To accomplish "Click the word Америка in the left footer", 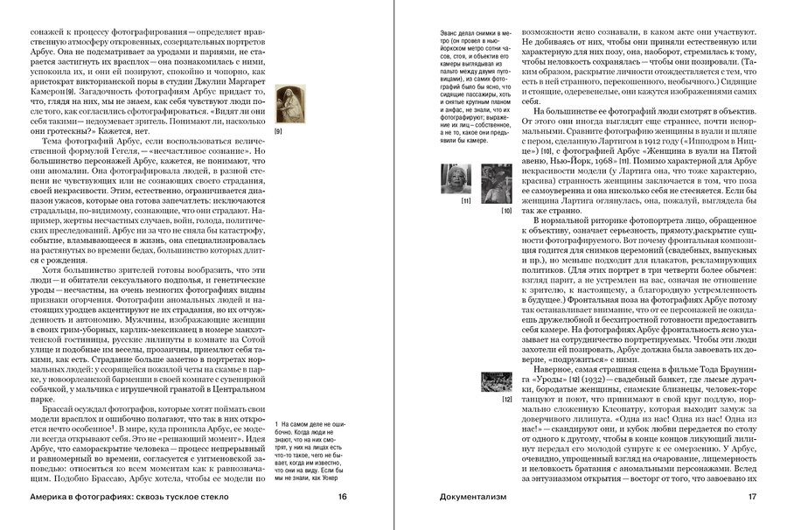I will pos(54,498).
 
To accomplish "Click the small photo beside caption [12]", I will pos(496,380).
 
